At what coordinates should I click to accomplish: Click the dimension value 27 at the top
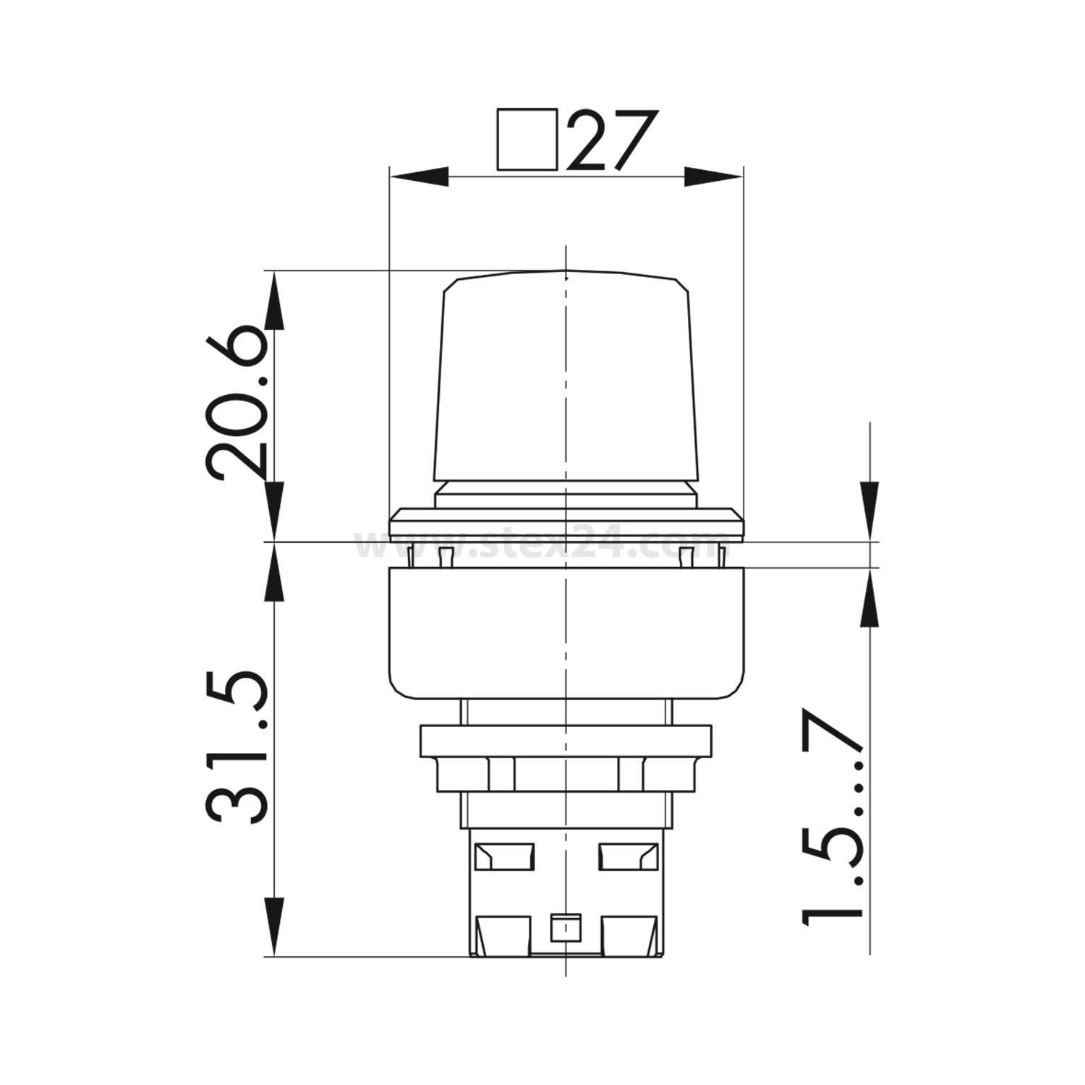604,140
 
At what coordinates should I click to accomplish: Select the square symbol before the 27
527,140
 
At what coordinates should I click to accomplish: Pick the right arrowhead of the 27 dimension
714,176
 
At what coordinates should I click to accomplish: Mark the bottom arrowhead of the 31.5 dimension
274,927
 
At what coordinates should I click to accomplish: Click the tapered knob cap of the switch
565,376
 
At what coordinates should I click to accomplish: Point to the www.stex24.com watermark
542,546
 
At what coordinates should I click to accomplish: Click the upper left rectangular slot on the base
503,856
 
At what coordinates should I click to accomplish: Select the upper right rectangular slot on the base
626,856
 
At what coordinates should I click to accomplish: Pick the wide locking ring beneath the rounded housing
565,741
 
